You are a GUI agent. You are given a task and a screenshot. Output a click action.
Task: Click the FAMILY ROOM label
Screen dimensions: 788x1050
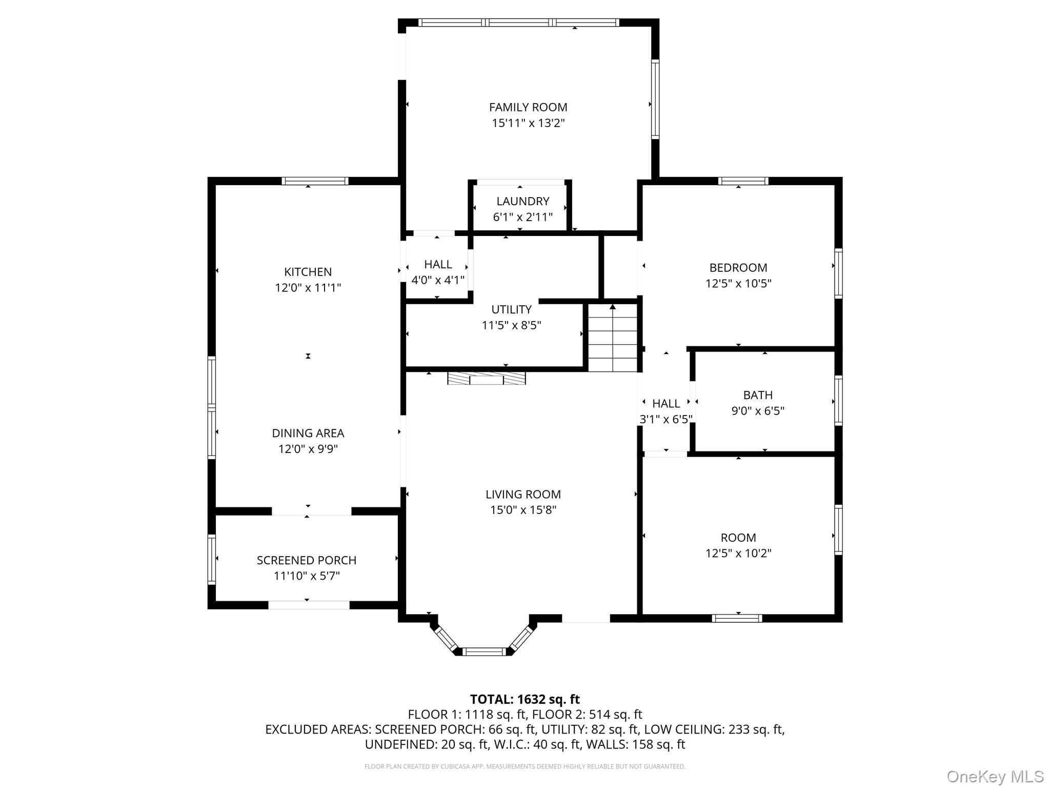(x=528, y=107)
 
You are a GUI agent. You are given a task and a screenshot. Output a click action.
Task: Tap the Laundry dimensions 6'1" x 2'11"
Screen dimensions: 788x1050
(x=522, y=217)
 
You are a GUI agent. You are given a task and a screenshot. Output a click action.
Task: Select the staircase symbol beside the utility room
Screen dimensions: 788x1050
(x=612, y=338)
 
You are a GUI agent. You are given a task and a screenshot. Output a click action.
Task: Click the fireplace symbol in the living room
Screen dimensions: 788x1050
(x=486, y=379)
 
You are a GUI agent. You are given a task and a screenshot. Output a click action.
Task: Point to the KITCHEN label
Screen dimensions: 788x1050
(x=308, y=272)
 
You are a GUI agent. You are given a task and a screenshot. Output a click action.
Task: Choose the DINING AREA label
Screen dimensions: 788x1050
(x=308, y=433)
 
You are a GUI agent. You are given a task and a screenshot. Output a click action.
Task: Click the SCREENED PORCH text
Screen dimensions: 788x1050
(x=306, y=560)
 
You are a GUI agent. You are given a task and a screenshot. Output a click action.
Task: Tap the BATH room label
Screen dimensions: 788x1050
(x=757, y=395)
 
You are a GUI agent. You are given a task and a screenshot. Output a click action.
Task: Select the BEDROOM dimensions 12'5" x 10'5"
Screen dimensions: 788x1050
(x=738, y=283)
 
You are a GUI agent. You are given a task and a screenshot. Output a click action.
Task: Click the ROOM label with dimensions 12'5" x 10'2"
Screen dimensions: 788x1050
(x=738, y=538)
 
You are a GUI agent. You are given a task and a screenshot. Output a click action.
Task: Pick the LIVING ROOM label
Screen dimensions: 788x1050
(x=523, y=494)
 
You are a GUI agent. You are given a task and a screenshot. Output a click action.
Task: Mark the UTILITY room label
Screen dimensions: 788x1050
(x=511, y=309)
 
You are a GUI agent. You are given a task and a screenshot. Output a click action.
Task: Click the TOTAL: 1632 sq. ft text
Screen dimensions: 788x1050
(x=524, y=699)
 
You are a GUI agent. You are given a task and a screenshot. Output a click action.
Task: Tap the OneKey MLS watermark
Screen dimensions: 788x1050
(x=995, y=776)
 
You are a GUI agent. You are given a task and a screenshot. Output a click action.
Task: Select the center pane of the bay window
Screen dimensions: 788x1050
(x=484, y=652)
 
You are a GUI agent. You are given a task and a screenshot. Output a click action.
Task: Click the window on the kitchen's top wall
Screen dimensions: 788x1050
(x=315, y=181)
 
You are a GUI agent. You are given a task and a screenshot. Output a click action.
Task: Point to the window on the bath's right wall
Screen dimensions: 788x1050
(x=838, y=400)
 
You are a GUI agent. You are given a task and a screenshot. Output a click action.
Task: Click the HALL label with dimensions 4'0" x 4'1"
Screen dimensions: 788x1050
(x=438, y=264)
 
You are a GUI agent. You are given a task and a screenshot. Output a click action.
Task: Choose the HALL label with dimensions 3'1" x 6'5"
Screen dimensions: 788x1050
(x=665, y=404)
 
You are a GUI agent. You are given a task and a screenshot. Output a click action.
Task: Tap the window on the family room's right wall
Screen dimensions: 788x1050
(x=655, y=99)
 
